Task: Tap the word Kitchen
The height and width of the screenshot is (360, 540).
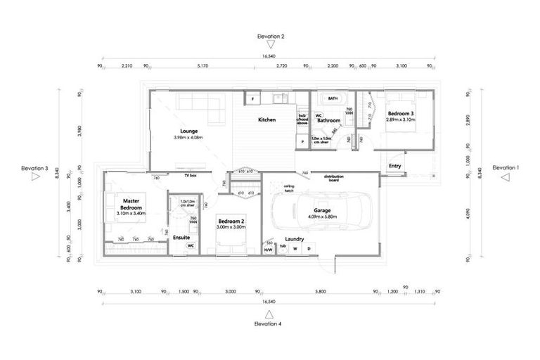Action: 266,120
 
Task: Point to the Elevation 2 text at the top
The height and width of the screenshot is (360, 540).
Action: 271,35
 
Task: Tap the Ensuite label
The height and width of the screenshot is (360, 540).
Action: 181,238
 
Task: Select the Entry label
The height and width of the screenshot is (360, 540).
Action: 394,166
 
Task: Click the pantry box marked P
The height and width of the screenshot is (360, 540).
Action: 302,141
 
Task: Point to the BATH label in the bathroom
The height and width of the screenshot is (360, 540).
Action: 333,99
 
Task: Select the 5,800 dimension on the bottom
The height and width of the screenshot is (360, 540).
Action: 321,291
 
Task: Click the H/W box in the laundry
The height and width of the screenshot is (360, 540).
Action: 268,250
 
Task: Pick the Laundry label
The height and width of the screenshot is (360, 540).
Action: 295,238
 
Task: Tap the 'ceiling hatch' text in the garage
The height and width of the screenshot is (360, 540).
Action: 289,188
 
